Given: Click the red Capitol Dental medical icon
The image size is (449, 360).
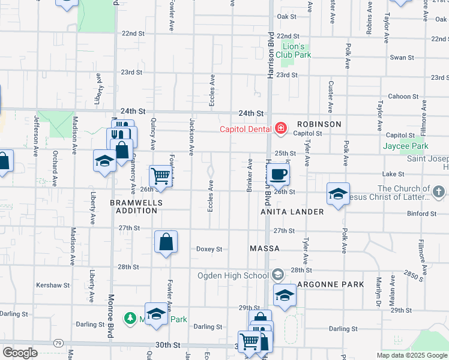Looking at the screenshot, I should coord(279,128).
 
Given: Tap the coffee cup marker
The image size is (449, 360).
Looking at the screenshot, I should coord(277,175).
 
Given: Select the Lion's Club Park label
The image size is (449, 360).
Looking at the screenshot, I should coord(297,50).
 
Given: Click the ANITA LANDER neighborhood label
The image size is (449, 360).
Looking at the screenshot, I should coord(292,212).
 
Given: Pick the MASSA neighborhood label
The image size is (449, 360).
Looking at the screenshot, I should coord(265,248).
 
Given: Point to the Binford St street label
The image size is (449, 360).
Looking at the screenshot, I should coord(421,213).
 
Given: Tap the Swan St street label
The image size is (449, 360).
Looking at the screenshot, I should coord(402,58).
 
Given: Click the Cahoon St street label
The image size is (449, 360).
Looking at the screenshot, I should coord(403,96).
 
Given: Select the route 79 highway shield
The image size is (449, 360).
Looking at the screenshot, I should coord(58,343).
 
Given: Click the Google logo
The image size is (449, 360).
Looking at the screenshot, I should coord(20,352).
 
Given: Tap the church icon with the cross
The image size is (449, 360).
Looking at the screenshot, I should coord(439,191).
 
